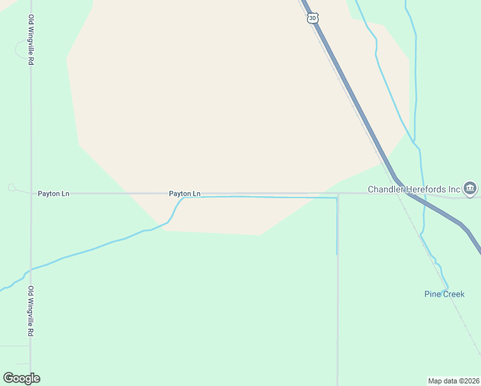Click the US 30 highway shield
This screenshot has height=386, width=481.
(313, 19)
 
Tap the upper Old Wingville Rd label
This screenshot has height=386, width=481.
(31, 40)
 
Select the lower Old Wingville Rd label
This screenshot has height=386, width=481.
(31, 312)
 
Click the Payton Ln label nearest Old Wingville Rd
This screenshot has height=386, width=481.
(53, 193)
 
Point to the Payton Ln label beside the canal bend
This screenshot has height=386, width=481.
(185, 193)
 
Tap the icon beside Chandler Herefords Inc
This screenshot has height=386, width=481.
(470, 188)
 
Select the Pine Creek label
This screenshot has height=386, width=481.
(444, 294)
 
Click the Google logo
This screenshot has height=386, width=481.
(21, 378)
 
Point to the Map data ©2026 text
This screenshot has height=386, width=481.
(453, 381)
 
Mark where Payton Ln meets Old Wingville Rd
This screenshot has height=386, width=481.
(31, 193)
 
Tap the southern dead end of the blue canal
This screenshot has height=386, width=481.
(336, 253)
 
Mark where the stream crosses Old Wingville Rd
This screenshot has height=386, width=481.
(30, 270)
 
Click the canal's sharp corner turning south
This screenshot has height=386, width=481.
(336, 198)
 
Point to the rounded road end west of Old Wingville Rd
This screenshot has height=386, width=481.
(12, 187)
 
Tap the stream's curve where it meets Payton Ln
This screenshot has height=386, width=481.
(180, 199)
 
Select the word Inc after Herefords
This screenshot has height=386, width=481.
(454, 189)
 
